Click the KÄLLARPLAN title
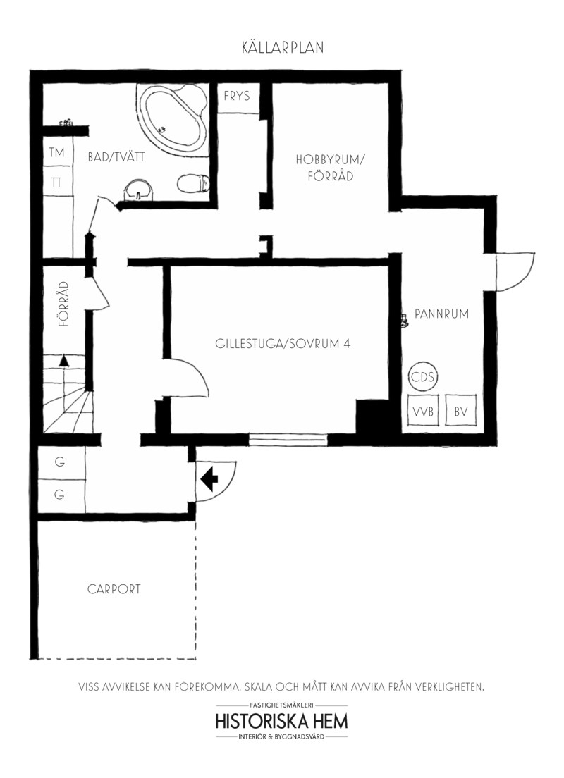click(x=283, y=47)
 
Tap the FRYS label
click(x=236, y=96)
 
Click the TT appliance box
click(x=58, y=182)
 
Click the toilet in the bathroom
click(x=194, y=183)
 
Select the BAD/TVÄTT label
click(x=116, y=157)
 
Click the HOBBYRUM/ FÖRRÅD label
click(x=330, y=168)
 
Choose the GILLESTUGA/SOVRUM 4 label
click(x=283, y=343)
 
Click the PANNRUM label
click(x=441, y=314)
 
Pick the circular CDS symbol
click(x=423, y=377)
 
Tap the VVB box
click(x=423, y=411)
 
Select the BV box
click(x=461, y=411)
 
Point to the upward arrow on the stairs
click(x=63, y=361)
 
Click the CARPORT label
click(x=114, y=589)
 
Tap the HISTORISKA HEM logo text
click(x=281, y=721)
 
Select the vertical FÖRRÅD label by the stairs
click(x=63, y=304)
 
